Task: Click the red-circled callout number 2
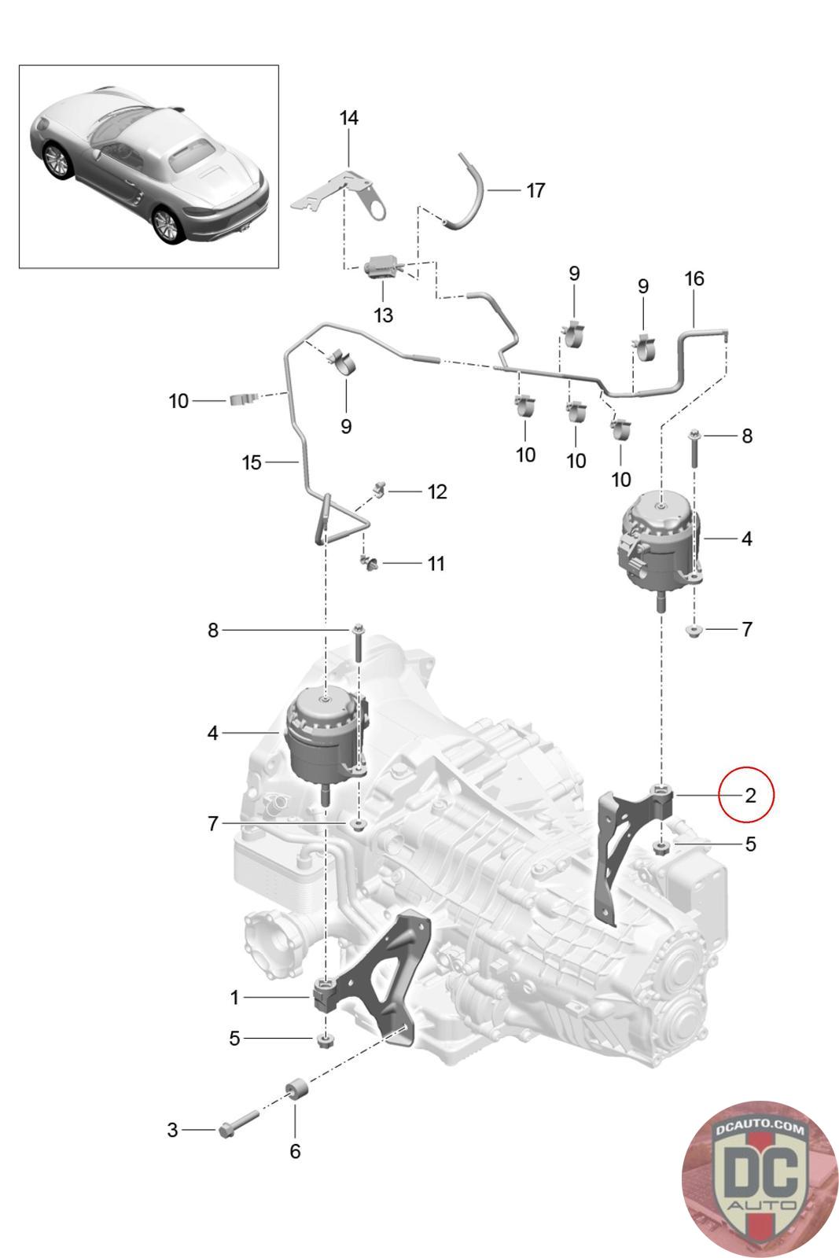[750, 795]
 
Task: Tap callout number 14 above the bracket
[349, 118]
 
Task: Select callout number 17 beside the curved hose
[535, 190]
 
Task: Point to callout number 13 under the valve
[383, 315]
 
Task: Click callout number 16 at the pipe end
[694, 278]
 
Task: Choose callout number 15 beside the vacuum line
[252, 462]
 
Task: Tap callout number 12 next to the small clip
[437, 491]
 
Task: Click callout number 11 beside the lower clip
[436, 564]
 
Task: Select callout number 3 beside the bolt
[172, 1130]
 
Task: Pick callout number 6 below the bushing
[295, 1151]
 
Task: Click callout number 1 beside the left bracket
[234, 998]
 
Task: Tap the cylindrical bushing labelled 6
[297, 1091]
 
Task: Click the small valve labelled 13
[384, 267]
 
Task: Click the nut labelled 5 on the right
[661, 847]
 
